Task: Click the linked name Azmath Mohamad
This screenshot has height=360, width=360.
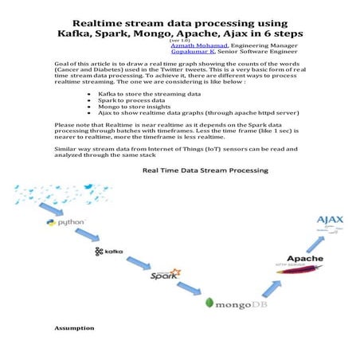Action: [x=196, y=47]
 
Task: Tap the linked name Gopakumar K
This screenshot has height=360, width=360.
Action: [x=192, y=53]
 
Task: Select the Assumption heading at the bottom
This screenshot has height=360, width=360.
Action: [x=74, y=327]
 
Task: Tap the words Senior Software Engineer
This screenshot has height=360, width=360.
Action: [x=254, y=53]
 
